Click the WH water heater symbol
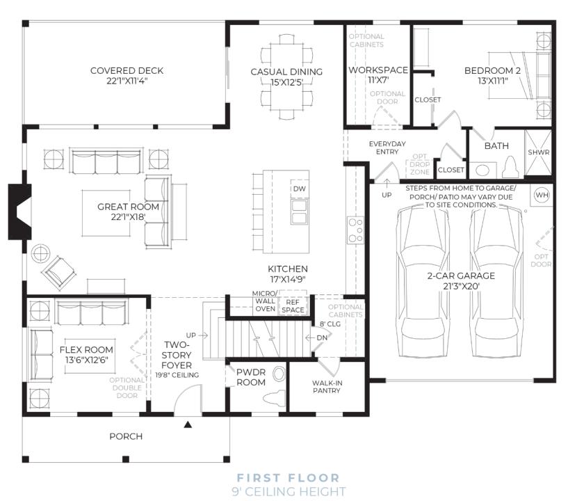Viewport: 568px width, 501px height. point(542,195)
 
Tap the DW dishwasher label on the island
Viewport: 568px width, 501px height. point(299,189)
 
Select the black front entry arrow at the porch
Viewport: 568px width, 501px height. point(188,424)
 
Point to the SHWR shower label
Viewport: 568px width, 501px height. point(538,152)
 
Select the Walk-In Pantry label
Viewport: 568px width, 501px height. point(327,387)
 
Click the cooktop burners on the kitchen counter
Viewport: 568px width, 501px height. point(355,230)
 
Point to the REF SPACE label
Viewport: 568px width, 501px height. point(293,306)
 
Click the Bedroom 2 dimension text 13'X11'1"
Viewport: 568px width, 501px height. point(493,81)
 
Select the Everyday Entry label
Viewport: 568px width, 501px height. point(387,148)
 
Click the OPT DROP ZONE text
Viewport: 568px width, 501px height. point(419,164)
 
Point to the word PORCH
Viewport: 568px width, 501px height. point(126,436)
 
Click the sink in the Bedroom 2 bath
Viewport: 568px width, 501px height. point(482,170)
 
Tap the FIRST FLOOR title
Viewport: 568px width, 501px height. point(289,478)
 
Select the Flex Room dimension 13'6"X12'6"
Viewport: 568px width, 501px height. point(87,360)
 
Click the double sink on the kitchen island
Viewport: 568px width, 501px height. point(299,212)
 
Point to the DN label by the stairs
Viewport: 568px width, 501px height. point(322,338)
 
